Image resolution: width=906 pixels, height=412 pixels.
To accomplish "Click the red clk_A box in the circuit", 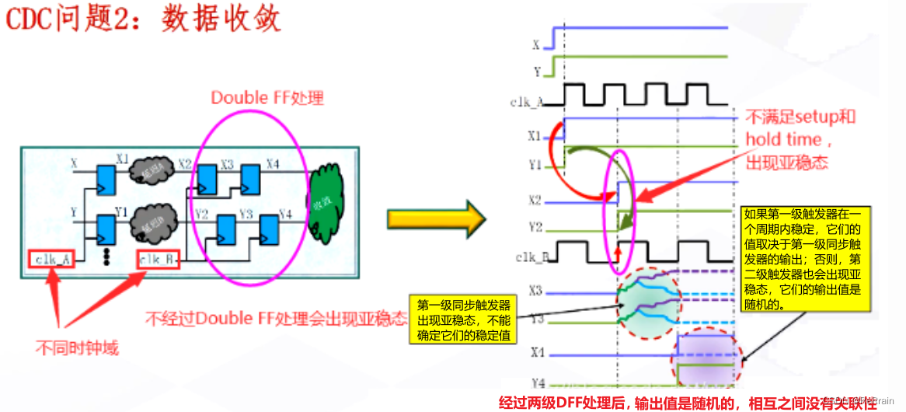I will coord(52,258).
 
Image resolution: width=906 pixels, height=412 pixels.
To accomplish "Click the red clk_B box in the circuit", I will coord(159,258).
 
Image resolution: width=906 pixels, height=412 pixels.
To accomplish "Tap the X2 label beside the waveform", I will coord(533,201).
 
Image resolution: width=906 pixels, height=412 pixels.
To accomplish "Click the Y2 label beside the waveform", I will coord(533,226).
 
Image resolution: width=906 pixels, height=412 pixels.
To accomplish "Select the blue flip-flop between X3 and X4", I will coord(250,179).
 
